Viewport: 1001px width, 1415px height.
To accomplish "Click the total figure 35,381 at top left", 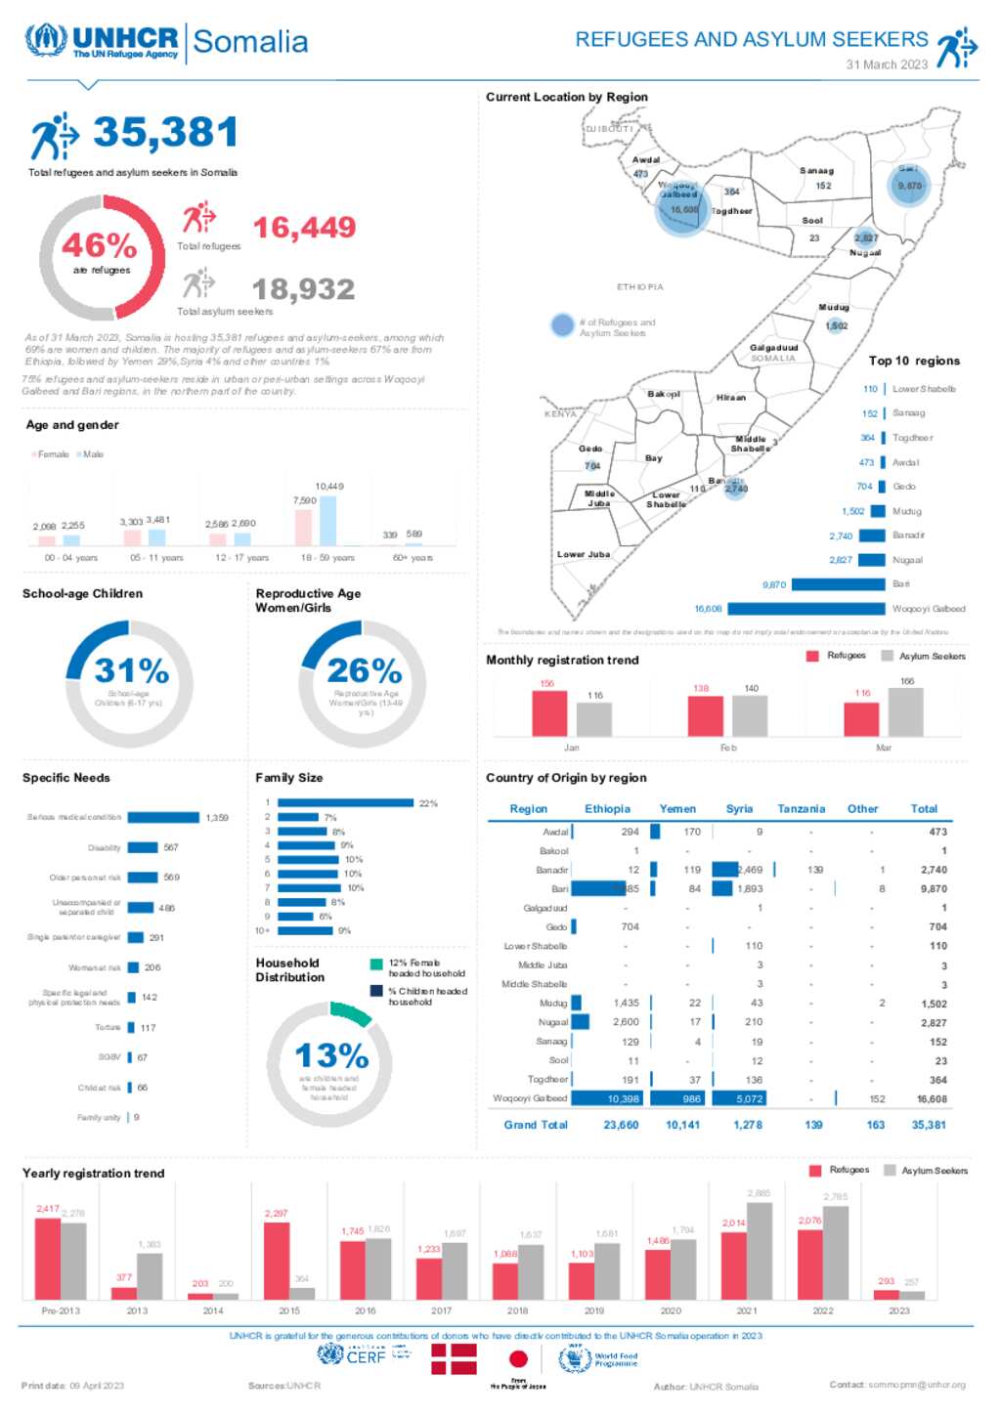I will point(165,133).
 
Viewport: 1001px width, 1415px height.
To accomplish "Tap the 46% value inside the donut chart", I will point(99,244).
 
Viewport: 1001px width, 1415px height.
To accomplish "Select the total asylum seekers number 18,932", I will point(303,289).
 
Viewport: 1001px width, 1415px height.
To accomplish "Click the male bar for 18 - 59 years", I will point(328,521).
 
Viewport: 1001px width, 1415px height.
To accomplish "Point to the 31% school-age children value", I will point(131,670).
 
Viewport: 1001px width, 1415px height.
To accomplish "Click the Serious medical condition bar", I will point(162,818).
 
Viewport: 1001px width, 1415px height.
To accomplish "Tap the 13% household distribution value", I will point(331,1055).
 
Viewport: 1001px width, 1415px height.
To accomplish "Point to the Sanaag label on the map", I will point(816,171).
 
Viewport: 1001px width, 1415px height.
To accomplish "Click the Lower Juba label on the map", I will point(584,554).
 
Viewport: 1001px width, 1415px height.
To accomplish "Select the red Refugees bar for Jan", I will point(549,713).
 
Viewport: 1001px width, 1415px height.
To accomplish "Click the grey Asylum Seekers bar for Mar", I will point(905,711).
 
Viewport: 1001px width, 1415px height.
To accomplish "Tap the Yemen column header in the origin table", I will point(677,809).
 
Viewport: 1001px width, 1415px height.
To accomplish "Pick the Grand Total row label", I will point(535,1125).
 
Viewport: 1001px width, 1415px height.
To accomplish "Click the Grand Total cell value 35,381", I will point(928,1125).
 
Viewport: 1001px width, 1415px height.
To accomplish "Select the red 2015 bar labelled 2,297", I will point(277,1261).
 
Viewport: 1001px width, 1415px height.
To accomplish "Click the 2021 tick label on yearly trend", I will point(747,1311).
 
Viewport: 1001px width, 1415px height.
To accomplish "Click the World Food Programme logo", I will point(598,1359).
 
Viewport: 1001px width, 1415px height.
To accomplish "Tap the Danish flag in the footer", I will point(455,1359).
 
